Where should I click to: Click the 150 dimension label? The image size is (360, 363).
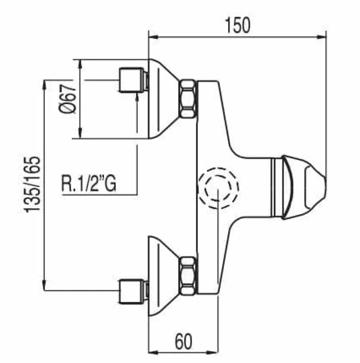[x=238, y=25]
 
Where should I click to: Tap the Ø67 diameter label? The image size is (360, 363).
[x=67, y=99]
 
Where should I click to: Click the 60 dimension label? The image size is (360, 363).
[x=183, y=342]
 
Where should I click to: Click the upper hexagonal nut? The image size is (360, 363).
[x=187, y=98]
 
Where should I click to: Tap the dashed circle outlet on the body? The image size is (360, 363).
[x=218, y=188]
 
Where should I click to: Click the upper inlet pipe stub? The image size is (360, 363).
[x=132, y=80]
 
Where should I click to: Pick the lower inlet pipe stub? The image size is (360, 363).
[x=132, y=291]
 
